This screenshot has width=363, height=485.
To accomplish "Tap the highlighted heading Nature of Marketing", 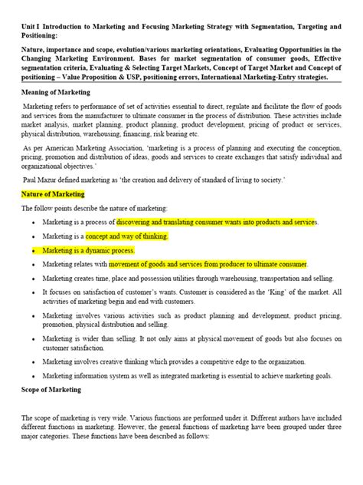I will (x=54, y=194).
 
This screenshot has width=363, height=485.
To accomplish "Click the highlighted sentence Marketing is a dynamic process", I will (x=89, y=250).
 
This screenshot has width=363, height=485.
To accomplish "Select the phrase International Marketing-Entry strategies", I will (x=273, y=78).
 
